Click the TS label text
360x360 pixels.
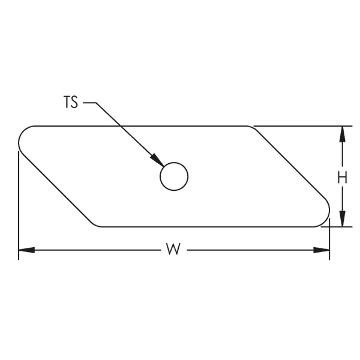coord(70,103)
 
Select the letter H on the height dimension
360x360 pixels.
coord(342,177)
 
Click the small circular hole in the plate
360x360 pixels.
coord(174,176)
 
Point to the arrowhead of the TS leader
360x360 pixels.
coord(157,160)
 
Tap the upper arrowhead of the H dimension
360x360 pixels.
coord(342,133)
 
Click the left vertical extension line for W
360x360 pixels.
coord(19,204)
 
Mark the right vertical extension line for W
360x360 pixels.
coord(330,240)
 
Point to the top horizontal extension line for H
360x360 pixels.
coord(300,126)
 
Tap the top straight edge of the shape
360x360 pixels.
coord(138,126)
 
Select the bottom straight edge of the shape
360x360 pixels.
coord(210,227)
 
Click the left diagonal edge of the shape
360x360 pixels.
coord(57,189)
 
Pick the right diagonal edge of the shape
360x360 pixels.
coord(291,165)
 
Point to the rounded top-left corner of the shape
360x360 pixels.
coord(23,133)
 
